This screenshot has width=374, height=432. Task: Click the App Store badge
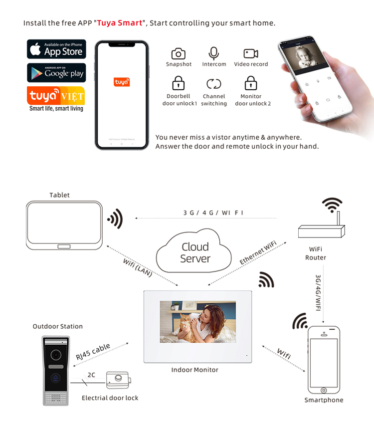pos(56,49)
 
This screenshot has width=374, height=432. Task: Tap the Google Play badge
pos(56,73)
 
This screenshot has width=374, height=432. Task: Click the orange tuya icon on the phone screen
pos(122,82)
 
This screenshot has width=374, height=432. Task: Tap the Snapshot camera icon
pos(179,54)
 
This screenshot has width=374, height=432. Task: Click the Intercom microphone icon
pos(214,53)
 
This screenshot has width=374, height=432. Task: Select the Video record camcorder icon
pos(251,53)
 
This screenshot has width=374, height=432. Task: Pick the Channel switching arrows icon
pos(214,84)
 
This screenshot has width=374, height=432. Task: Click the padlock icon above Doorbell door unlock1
pos(179,83)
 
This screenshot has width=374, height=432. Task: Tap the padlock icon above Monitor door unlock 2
pos(251,83)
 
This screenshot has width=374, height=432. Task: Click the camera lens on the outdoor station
pos(56,355)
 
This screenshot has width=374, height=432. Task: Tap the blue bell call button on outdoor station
pos(56,378)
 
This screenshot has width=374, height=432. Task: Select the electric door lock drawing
pos(119,380)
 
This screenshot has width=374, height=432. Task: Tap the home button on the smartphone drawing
pos(324,390)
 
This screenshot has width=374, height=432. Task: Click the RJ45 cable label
pos(93,352)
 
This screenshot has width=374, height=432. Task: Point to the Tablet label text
pos(59,195)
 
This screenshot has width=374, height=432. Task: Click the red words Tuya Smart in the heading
pos(120,23)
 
